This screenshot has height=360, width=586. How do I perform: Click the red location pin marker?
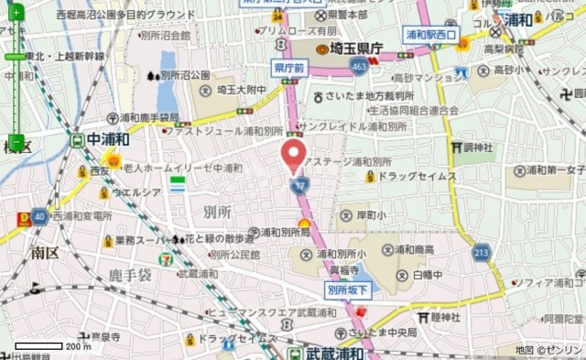tap(293, 155)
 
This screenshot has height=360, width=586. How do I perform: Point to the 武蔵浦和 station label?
tap(326, 352)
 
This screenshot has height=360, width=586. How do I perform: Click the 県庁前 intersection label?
tap(289, 68)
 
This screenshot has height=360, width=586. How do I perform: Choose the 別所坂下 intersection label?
tap(348, 289)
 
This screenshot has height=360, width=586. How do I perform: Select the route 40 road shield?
tap(38, 217)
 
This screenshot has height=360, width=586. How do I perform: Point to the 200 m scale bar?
tap(46, 345)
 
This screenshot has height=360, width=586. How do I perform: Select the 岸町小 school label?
tap(368, 216)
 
